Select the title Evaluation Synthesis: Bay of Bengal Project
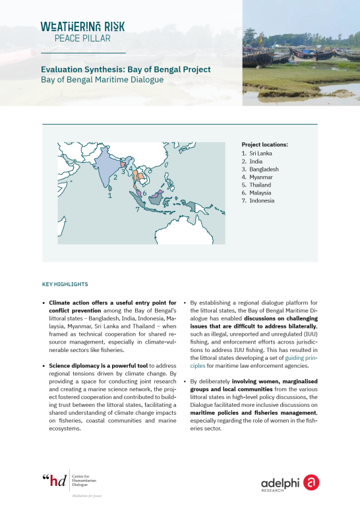coord(125,69)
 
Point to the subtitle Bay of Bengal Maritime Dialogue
coord(102,80)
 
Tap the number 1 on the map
coord(109,196)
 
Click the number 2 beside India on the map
coord(115,176)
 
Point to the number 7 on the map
coord(137,209)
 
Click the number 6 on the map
coord(144,193)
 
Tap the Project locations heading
coord(265,144)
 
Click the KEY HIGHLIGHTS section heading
coord(65,284)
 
